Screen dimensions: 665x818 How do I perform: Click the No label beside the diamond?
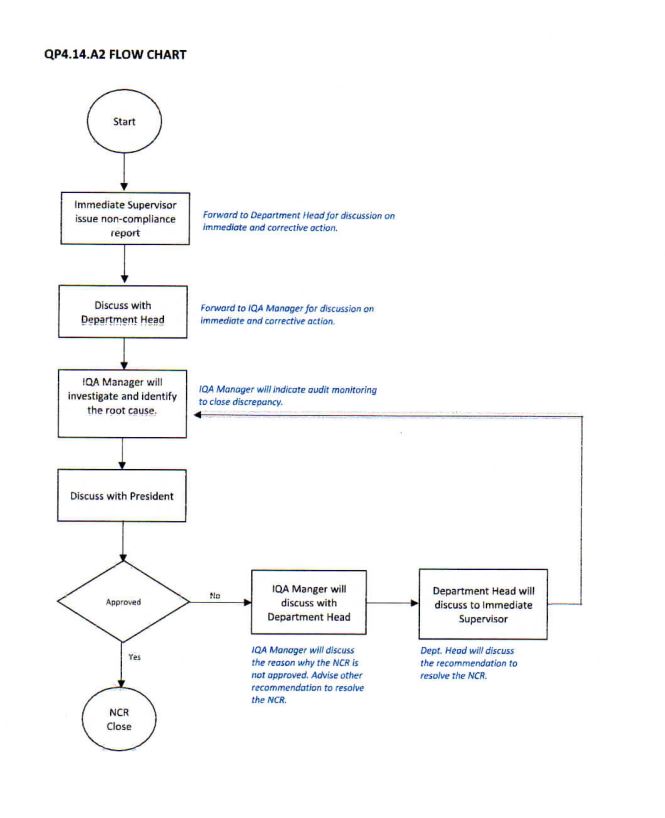pyautogui.click(x=215, y=595)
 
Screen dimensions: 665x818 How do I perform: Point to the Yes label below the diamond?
pyautogui.click(x=135, y=657)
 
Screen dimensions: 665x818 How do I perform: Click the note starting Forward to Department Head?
pyautogui.click(x=298, y=221)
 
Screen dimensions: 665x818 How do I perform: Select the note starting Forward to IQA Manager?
pyautogui.click(x=287, y=315)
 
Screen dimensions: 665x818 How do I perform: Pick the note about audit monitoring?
pyautogui.click(x=287, y=395)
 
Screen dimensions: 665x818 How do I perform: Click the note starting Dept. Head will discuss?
pyautogui.click(x=468, y=663)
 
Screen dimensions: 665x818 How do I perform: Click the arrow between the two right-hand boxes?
pyautogui.click(x=393, y=603)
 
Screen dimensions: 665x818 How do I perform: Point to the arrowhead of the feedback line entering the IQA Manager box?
pyautogui.click(x=197, y=415)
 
